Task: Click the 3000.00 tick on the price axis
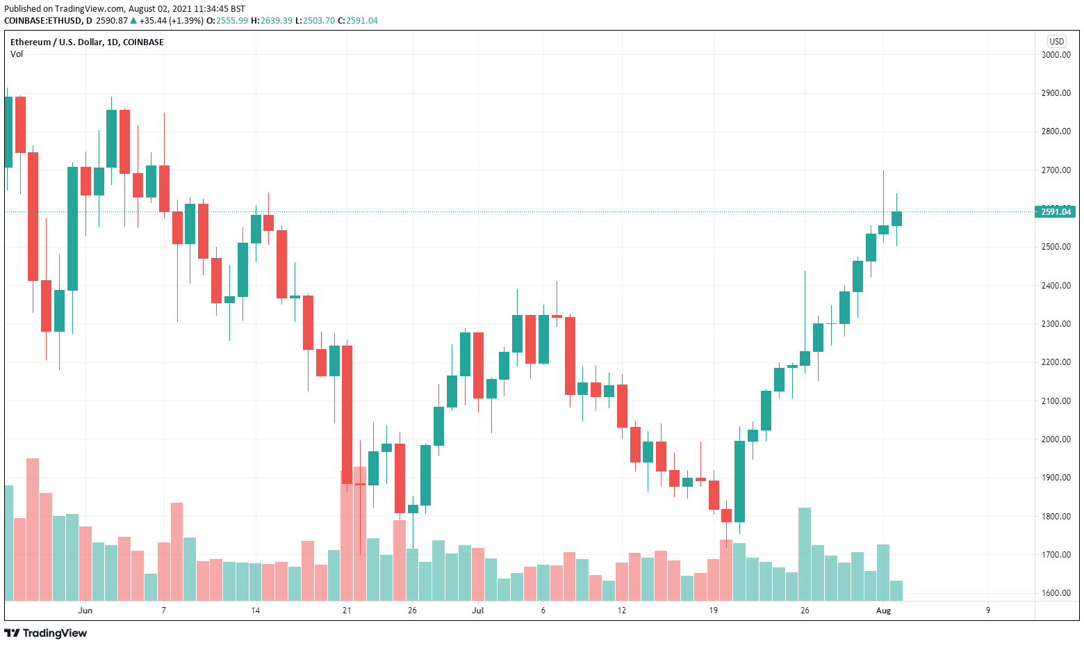point(1056,55)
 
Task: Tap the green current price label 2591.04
point(1055,211)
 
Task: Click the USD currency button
point(1056,42)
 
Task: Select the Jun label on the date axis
point(85,611)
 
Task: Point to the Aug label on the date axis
point(883,611)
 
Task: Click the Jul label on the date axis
point(477,611)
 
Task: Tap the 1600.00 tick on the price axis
point(1056,593)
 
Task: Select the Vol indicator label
point(17,54)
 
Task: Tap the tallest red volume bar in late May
point(33,528)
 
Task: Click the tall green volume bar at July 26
point(805,554)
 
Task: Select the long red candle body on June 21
point(347,414)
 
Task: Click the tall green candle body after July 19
point(739,481)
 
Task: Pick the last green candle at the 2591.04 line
point(896,218)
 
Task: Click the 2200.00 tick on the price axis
point(1056,362)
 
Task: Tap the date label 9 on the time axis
point(988,611)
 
